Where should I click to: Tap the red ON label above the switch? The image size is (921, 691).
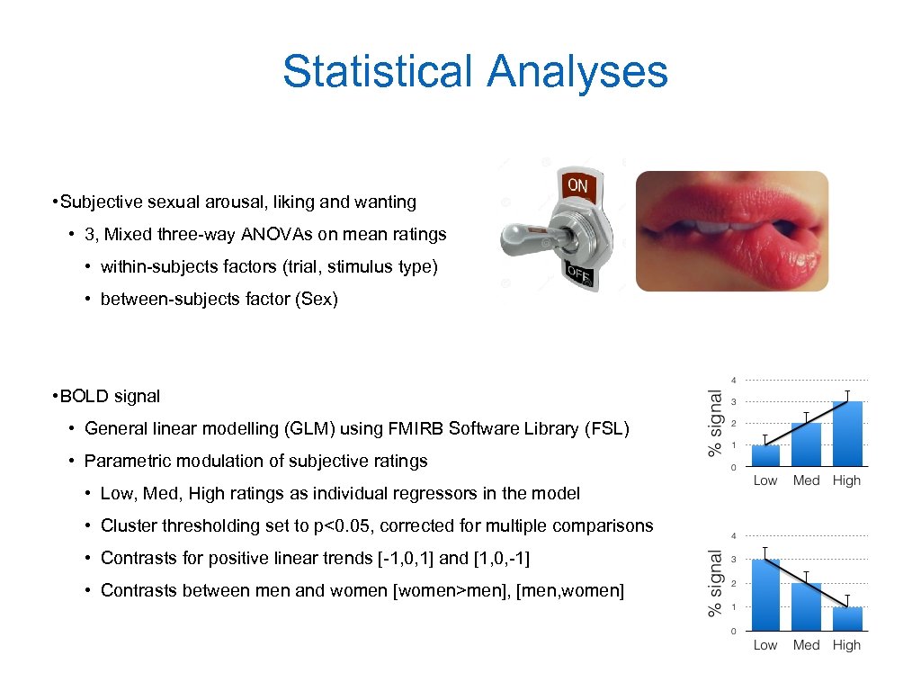pos(577,186)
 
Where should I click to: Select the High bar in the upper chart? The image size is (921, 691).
pos(846,434)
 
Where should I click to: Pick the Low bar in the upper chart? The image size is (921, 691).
pos(765,455)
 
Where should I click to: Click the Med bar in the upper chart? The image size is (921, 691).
pos(806,444)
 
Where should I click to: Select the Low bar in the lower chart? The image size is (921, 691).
pos(765,595)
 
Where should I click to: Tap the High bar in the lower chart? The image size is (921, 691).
pos(846,619)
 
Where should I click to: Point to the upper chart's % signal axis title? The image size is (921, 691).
pos(716,422)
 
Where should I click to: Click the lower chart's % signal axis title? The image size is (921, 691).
pos(716,584)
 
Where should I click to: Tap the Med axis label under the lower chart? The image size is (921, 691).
pos(806,645)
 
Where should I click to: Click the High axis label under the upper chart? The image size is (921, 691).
pos(846,480)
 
